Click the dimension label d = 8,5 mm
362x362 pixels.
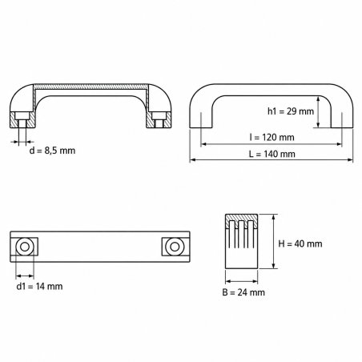click(52, 151)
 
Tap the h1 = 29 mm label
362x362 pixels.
click(291, 111)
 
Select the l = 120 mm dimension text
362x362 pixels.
click(271, 137)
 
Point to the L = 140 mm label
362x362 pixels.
click(271, 154)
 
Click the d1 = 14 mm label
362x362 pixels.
click(39, 287)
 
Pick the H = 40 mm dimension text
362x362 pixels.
click(300, 243)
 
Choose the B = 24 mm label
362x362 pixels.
click(243, 292)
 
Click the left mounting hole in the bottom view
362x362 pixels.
click(25, 247)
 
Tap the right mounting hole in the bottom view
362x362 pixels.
click(175, 247)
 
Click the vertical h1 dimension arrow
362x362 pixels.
click(318, 112)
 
